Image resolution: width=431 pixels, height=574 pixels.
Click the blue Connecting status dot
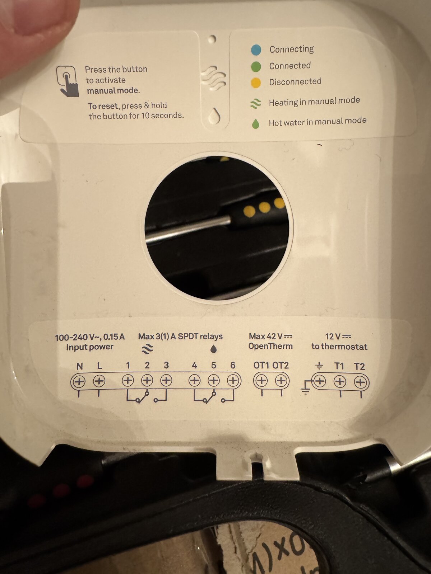coord(256,50)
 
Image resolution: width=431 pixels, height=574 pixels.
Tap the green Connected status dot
coord(256,67)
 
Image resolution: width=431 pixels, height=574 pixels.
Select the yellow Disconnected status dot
coord(256,83)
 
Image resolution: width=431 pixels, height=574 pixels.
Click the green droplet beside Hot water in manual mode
coord(255,124)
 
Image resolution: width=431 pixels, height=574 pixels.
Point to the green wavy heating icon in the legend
coord(256,104)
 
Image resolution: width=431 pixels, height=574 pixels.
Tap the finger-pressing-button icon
coord(67,81)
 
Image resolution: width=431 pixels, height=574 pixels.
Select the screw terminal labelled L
coord(99,381)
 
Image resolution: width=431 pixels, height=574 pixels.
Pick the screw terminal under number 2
coord(147,381)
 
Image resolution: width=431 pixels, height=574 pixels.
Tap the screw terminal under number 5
coord(214,381)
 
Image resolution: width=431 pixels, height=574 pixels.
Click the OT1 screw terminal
coord(261,381)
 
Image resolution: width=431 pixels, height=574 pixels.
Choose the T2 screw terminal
coord(360,382)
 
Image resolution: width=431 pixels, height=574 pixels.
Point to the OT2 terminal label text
coord(281,365)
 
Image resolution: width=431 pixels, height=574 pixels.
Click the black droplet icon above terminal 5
coord(214,349)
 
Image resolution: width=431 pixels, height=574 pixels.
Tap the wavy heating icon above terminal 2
coord(147,349)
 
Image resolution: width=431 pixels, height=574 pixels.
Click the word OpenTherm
coord(270,346)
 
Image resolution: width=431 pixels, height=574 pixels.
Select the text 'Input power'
coord(90,347)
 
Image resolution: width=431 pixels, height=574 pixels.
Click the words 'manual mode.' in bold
coord(113,91)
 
